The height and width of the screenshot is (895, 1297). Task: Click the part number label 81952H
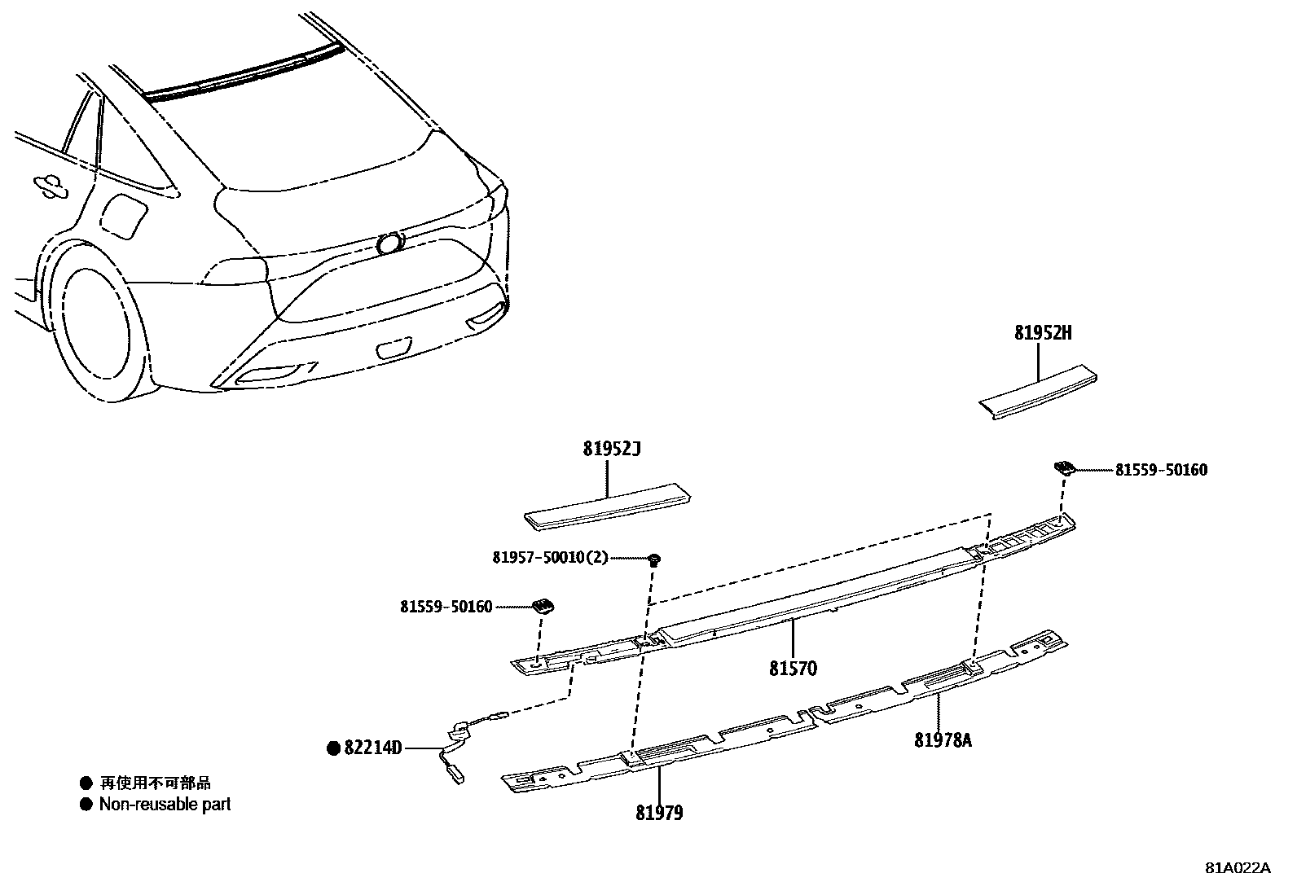(x=1043, y=333)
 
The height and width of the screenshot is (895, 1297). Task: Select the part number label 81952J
(x=612, y=450)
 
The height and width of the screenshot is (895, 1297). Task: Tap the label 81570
(x=793, y=669)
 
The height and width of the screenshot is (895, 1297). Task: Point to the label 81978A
(x=943, y=740)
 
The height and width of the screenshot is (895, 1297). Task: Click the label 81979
(x=659, y=813)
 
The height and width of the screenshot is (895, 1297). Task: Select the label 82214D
(x=373, y=748)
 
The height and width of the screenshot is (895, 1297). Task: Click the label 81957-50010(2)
(x=550, y=558)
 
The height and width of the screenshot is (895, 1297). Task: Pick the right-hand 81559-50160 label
(x=1161, y=470)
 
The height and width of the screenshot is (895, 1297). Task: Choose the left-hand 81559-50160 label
(x=446, y=607)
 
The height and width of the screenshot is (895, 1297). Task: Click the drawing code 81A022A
(x=1238, y=867)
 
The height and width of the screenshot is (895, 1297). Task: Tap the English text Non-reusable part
(x=165, y=805)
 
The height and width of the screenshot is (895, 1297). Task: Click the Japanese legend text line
(x=155, y=783)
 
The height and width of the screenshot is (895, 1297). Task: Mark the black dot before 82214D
(x=333, y=748)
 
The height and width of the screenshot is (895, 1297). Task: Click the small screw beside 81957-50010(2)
(x=654, y=559)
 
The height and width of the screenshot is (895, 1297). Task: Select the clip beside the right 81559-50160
(x=1063, y=467)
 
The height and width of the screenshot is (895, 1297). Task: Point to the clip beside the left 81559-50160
(x=543, y=605)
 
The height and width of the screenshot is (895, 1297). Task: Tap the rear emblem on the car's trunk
(x=391, y=243)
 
